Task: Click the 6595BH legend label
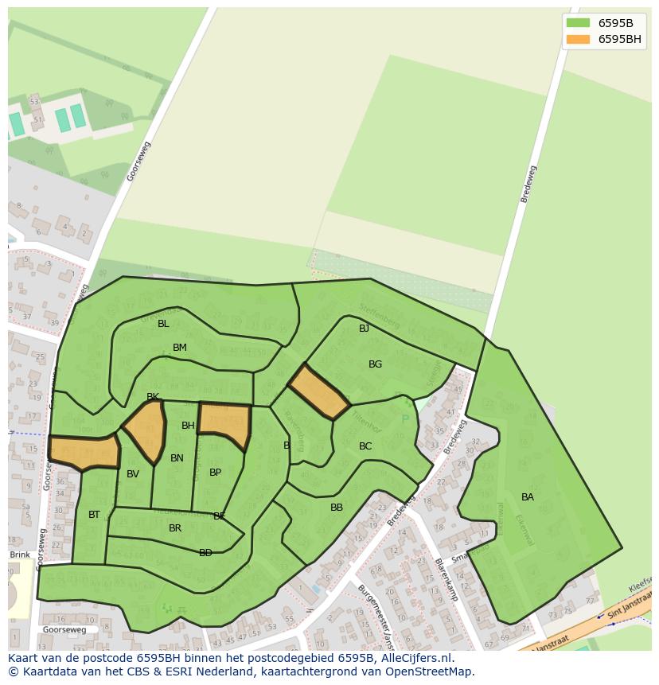point(619,39)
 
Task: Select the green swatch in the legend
point(578,23)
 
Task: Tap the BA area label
point(528,497)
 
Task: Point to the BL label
point(163,324)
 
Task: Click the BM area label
point(180,348)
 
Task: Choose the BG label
point(375,364)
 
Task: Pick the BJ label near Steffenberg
point(364,329)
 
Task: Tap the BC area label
point(365,446)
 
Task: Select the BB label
point(337,508)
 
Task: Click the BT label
point(94,515)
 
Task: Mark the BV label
point(133,474)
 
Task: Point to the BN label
point(177,458)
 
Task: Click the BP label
point(215,473)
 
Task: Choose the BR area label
point(175,528)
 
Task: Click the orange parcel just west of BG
point(318,391)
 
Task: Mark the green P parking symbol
point(405,418)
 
